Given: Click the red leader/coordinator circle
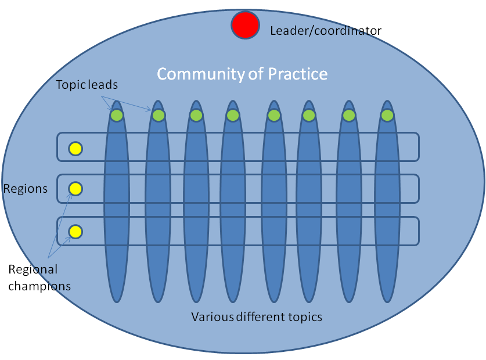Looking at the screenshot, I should point(245,25).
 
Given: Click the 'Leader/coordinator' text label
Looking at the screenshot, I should point(326,30).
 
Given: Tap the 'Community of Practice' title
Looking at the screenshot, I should point(242,74).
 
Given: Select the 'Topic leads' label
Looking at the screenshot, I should point(87,85).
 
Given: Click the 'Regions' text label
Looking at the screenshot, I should point(25,189).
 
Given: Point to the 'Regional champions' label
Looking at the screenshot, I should point(39,278).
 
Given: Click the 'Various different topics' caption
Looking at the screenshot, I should point(257,317).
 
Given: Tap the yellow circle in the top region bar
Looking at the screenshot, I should point(75,149).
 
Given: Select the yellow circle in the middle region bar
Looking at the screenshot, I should point(75,189).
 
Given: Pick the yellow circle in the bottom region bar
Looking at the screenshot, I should point(75,232).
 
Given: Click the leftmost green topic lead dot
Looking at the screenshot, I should point(117,115).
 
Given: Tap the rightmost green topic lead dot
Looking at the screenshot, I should point(387,115).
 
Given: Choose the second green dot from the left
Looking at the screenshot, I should point(158,115).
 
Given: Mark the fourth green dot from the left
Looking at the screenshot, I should point(232,115).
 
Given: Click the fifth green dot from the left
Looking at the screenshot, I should point(273,115).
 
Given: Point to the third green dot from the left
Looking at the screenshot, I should point(196,115).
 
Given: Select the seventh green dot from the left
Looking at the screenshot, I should point(348,115).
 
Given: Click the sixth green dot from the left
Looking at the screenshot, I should point(309,115).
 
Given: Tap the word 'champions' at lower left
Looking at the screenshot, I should point(39,286).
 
